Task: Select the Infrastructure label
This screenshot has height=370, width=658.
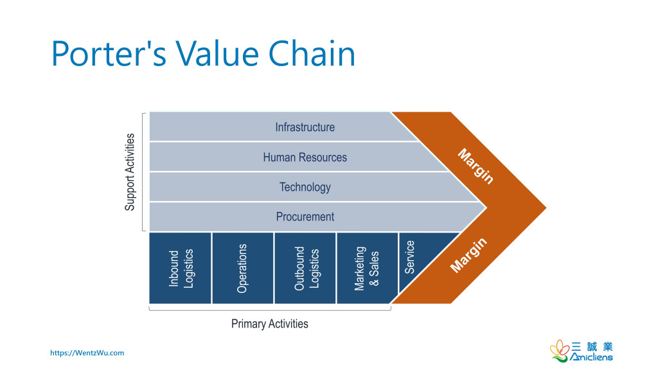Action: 305,127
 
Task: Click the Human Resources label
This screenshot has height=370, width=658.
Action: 305,157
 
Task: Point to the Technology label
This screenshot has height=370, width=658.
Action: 305,187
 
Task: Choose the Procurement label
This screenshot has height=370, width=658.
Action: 305,216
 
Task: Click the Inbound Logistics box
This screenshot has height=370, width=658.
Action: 181,268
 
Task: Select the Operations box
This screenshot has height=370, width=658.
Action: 242,268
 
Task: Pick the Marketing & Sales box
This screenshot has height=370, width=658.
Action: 367,268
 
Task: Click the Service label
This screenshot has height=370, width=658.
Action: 410,257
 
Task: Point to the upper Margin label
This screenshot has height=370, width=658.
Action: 476,166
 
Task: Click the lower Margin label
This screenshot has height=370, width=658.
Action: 468,255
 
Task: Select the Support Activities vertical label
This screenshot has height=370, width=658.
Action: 130,172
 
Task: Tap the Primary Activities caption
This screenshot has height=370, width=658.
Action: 269,324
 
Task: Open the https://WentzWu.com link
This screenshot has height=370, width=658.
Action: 87,353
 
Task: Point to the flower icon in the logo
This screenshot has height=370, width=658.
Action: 558,350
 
